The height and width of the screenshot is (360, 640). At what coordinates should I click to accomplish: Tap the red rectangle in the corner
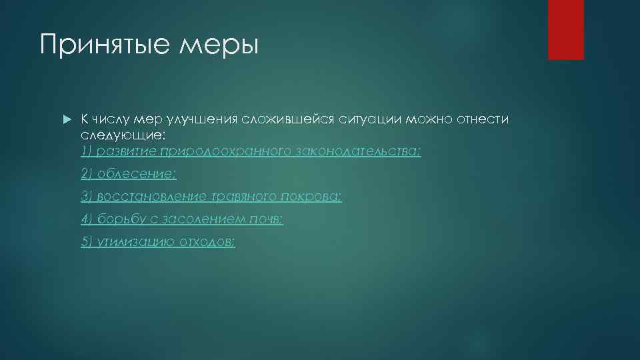565,29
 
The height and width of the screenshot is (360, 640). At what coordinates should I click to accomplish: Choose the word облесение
137,174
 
